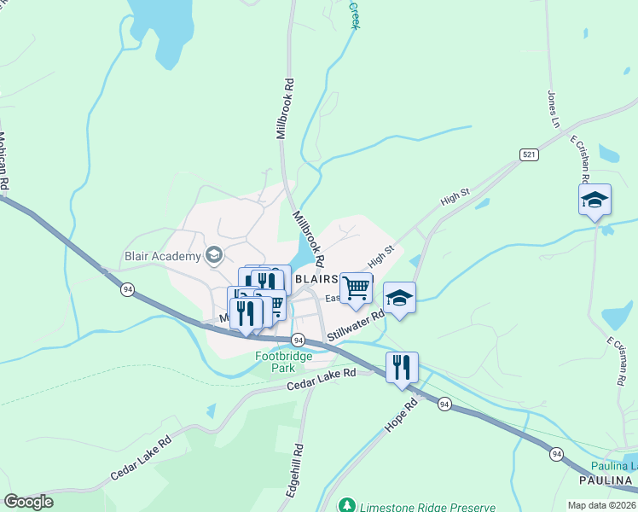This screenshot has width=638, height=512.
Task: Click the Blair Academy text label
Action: pos(162,255)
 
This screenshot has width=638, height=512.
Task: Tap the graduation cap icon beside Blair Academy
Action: pos(213,255)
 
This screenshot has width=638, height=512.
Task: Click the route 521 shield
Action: pos(529,154)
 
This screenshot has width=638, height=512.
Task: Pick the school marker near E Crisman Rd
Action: pos(594,201)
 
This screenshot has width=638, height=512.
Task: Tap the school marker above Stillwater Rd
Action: pos(399,299)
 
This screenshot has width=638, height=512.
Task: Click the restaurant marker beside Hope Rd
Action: pos(402,368)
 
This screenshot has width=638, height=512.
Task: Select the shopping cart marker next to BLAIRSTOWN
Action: pos(356,288)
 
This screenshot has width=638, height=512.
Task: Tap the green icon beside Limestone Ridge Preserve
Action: pos(346,505)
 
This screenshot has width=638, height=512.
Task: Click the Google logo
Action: pos(28,502)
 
